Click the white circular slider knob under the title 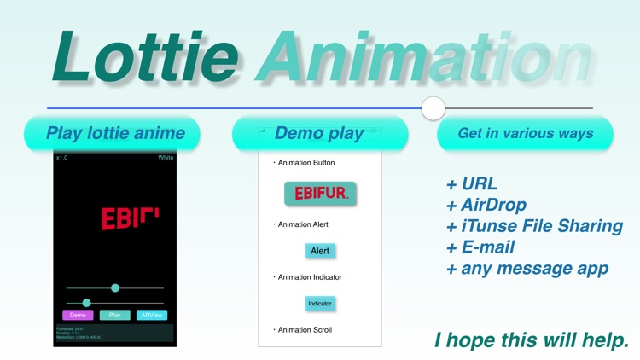(x=433, y=108)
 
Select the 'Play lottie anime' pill (x=115, y=133)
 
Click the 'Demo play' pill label (x=319, y=133)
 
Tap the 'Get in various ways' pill (x=525, y=133)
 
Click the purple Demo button (x=77, y=315)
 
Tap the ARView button (x=152, y=315)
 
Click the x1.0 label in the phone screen (x=62, y=158)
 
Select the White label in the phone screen (x=166, y=158)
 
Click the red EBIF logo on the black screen (x=130, y=218)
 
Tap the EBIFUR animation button (x=320, y=194)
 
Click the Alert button (x=320, y=251)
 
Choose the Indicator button (x=320, y=304)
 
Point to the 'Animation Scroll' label (x=305, y=330)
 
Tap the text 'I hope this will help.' (x=532, y=340)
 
